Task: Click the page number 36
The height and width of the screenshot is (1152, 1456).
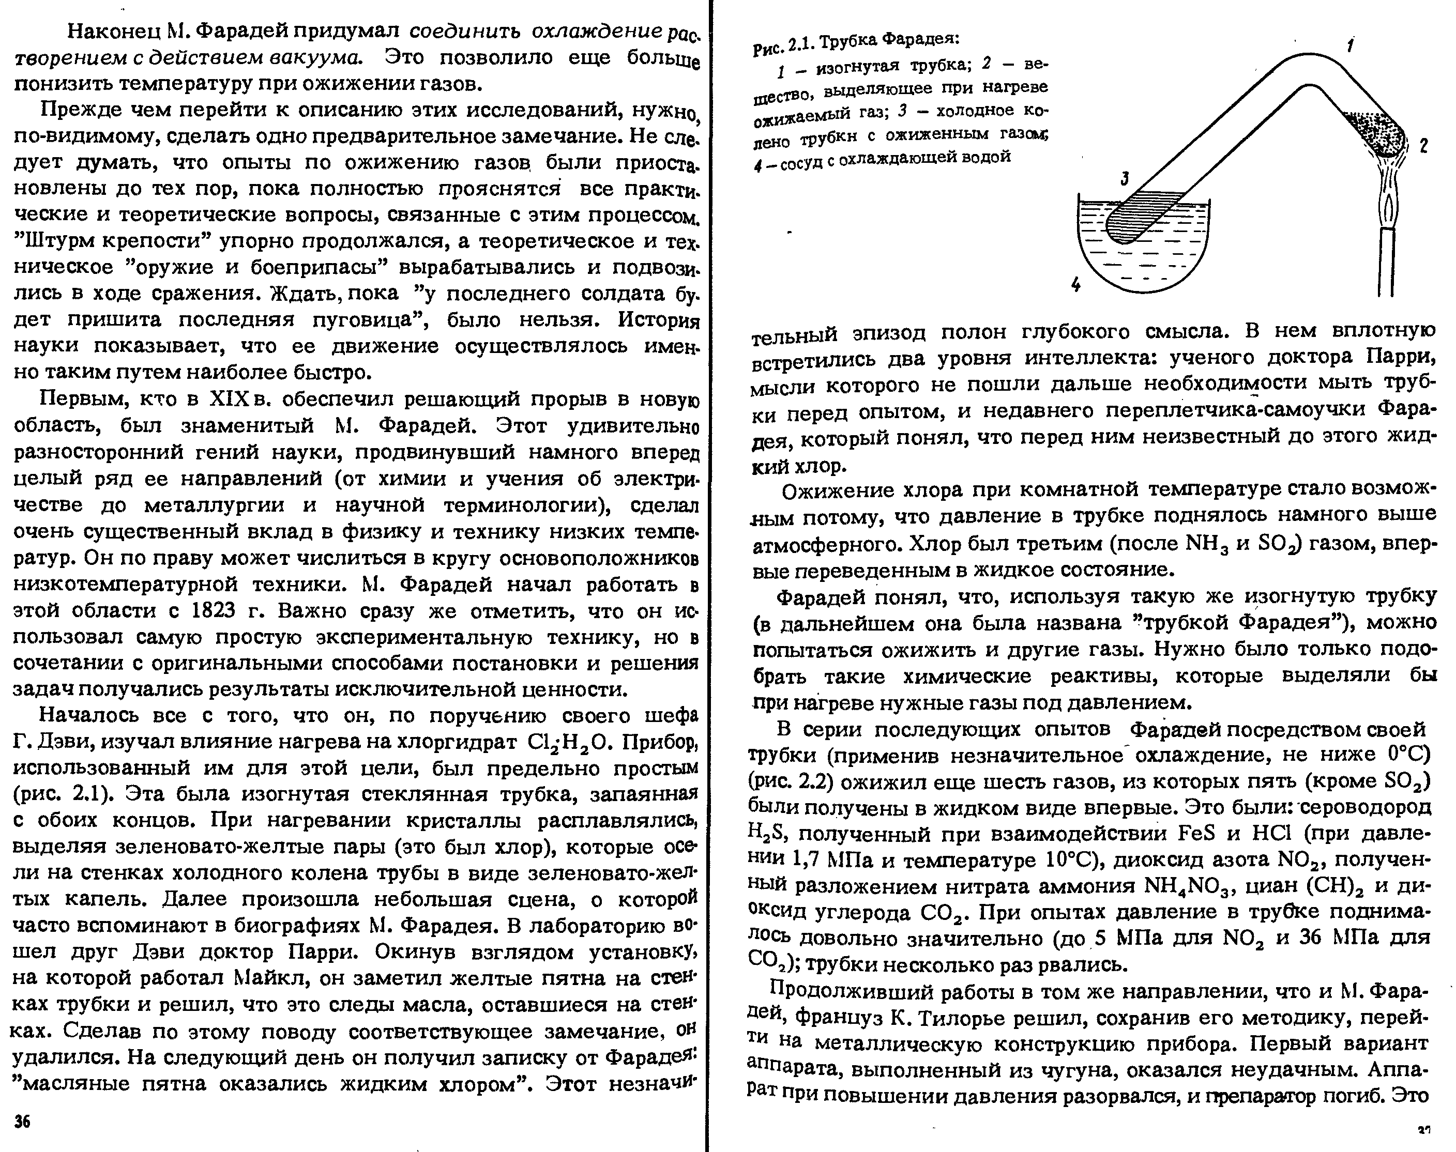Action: point(22,1122)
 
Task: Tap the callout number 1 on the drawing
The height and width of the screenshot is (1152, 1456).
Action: point(1350,45)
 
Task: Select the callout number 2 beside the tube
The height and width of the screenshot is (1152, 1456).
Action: point(1423,146)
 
